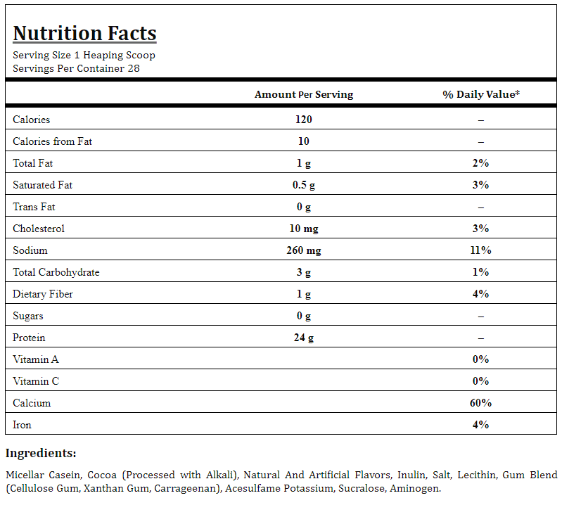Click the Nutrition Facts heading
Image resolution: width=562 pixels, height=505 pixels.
coord(84,33)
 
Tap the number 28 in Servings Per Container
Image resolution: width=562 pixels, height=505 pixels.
coord(134,68)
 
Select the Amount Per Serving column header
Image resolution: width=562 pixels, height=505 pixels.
coord(304,94)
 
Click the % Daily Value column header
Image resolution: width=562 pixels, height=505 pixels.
coord(481,94)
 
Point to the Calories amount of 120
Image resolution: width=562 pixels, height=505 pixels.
coord(304,120)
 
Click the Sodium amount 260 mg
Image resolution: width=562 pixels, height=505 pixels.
coord(304,250)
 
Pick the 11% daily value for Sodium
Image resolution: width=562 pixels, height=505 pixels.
coord(480,250)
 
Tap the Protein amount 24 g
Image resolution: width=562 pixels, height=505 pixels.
coord(304,338)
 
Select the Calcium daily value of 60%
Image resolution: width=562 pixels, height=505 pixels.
coord(480,403)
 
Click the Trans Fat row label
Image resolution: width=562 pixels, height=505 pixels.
coord(34,207)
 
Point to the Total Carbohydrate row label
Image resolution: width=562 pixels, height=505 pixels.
coord(56,272)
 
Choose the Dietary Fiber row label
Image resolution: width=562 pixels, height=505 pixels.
coord(43,294)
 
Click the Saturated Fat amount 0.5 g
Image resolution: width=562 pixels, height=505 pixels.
coord(304,185)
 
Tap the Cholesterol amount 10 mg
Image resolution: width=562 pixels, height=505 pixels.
coord(304,229)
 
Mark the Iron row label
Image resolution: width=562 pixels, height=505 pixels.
coord(22,425)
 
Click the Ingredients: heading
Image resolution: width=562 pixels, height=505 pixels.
coord(41,453)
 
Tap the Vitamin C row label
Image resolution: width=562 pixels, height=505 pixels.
coord(36,381)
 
